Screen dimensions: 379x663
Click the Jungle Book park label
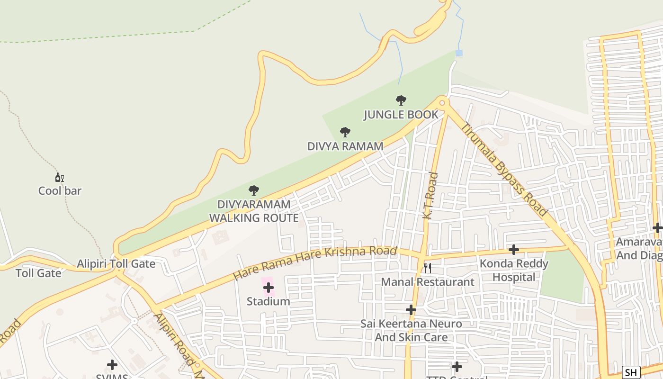pyautogui.click(x=401, y=115)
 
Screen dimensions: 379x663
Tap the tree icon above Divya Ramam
pyautogui.click(x=345, y=132)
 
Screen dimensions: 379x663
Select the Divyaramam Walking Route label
pyautogui.click(x=254, y=211)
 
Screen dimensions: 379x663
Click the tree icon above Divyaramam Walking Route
pyautogui.click(x=254, y=190)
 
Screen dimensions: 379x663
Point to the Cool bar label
pyautogui.click(x=60, y=191)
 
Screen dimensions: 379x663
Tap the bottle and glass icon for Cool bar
pyautogui.click(x=59, y=178)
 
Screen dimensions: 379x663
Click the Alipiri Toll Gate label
pyautogui.click(x=116, y=263)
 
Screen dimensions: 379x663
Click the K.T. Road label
pyautogui.click(x=430, y=195)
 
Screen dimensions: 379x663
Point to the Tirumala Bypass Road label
pyautogui.click(x=504, y=169)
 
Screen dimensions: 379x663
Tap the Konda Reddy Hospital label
pyautogui.click(x=514, y=270)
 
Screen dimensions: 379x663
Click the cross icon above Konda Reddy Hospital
pyautogui.click(x=513, y=249)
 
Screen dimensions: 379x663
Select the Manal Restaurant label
pyautogui.click(x=428, y=282)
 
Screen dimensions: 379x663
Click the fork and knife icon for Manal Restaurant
pyautogui.click(x=427, y=268)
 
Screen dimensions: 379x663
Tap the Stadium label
pyautogui.click(x=268, y=301)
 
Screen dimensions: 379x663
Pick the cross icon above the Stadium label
pyautogui.click(x=268, y=288)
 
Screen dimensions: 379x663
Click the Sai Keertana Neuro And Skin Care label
pyautogui.click(x=411, y=331)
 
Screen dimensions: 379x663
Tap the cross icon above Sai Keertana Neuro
pyautogui.click(x=411, y=310)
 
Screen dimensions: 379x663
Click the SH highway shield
pyautogui.click(x=631, y=372)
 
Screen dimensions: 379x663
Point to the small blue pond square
pyautogui.click(x=458, y=53)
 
